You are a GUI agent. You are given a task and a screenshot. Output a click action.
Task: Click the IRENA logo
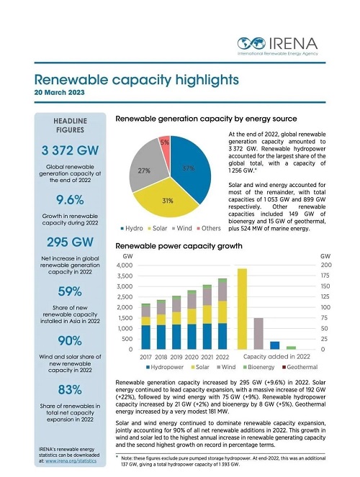point(277,46)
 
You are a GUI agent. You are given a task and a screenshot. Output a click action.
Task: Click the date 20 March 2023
point(59,93)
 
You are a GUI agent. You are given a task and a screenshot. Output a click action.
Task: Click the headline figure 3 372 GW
point(70,150)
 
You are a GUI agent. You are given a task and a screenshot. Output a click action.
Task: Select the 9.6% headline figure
point(70,200)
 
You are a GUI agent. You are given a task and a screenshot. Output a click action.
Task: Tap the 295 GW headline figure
point(70,242)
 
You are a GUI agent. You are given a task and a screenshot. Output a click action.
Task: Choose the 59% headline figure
point(70,291)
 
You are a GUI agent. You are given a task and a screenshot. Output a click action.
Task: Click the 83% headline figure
point(70,390)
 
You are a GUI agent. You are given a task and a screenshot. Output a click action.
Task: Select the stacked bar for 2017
point(145,327)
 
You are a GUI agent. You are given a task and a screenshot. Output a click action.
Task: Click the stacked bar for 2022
point(222,314)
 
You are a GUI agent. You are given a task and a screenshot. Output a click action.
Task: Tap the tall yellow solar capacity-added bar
point(242,309)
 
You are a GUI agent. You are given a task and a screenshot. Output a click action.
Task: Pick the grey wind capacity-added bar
point(258,334)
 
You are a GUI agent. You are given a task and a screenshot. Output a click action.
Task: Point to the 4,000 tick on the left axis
point(125,265)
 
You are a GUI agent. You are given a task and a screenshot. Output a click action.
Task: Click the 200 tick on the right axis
point(326,265)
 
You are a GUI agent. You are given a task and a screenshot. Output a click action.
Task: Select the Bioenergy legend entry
point(259,367)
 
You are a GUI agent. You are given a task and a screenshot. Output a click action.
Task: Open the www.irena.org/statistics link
point(71,461)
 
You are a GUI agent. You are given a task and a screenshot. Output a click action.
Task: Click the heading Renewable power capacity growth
point(179,246)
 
